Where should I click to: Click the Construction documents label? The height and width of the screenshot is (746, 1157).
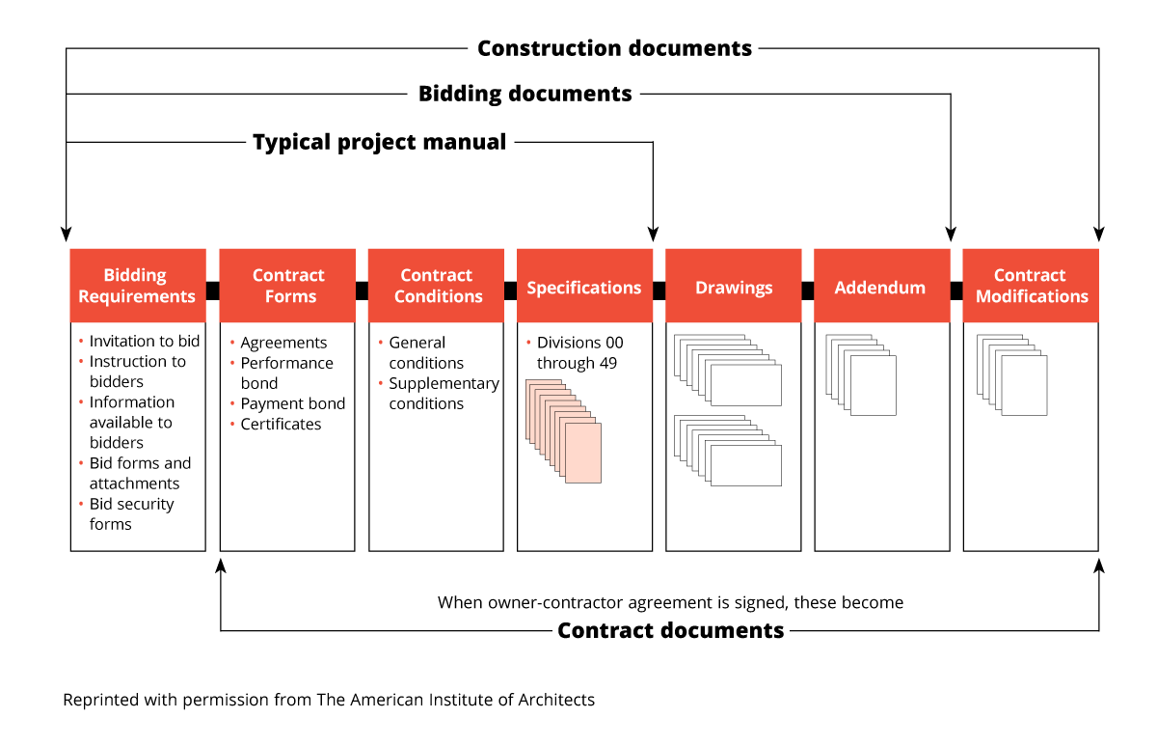613,48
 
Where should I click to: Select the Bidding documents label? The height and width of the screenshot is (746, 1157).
525,94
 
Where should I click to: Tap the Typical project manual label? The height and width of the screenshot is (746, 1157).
380,142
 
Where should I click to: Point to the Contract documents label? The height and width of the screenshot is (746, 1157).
671,631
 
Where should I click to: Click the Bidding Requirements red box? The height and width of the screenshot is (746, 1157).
137,286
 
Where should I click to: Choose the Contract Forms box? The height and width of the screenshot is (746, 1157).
288,286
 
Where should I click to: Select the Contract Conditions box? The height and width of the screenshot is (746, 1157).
436,286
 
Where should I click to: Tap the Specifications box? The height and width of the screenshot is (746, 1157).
584,286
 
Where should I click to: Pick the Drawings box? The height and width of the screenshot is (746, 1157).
734,286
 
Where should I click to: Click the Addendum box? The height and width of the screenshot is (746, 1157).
880,286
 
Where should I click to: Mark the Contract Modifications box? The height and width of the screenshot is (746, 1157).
1031,286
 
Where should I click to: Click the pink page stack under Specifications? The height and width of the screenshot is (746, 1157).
564,431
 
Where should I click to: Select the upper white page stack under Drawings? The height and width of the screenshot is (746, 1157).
728,371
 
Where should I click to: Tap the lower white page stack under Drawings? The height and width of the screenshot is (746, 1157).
728,451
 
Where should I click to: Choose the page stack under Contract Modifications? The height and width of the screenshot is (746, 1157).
1012,375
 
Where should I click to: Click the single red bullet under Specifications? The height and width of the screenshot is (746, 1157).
528,342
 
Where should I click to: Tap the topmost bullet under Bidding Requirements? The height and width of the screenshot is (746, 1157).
81,341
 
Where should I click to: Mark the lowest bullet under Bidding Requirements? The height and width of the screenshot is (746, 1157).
81,503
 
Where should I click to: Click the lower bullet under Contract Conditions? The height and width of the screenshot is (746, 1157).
381,383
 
